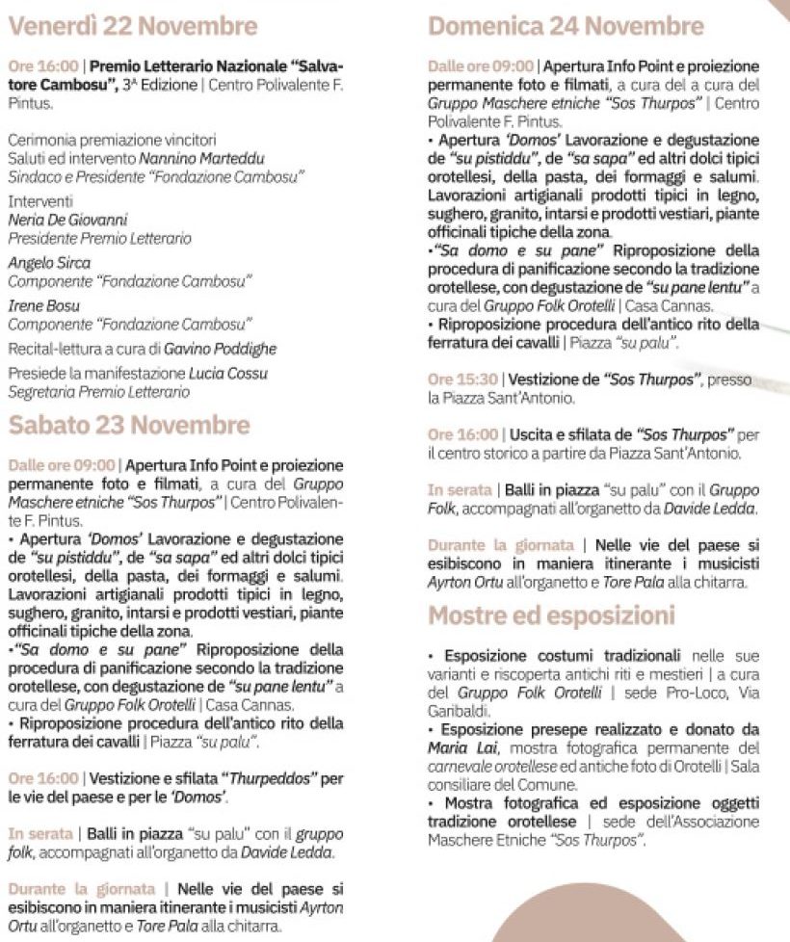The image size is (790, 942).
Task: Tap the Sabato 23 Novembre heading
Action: tap(128, 425)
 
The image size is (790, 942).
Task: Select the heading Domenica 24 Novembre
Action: tap(566, 25)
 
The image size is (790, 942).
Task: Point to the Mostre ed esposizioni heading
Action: tap(551, 615)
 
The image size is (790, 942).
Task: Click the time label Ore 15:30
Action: tap(462, 380)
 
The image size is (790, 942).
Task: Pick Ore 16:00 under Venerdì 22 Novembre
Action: tap(42, 66)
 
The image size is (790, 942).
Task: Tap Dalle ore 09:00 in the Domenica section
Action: tap(480, 66)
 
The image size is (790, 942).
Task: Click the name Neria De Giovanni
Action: tap(68, 221)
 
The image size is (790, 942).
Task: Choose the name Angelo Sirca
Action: tap(49, 263)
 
